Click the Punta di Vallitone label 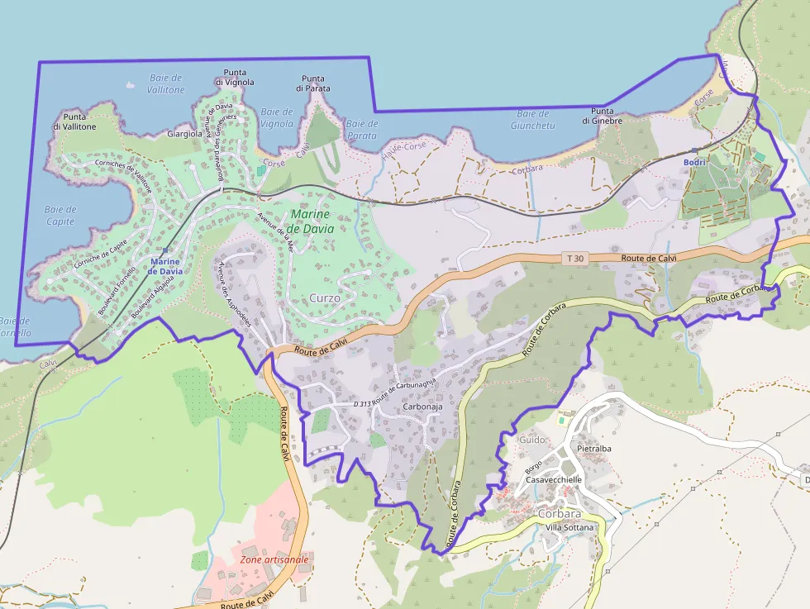74,121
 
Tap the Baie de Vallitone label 165,83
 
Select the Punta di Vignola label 235,78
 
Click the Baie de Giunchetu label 532,120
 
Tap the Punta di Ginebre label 602,116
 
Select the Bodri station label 694,162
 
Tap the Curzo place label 325,297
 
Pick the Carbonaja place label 422,407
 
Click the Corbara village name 560,512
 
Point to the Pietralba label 598,449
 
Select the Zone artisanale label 274,559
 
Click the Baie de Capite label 60,216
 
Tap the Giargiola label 184,133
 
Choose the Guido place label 532,440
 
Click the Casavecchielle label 554,479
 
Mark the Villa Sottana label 571,527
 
